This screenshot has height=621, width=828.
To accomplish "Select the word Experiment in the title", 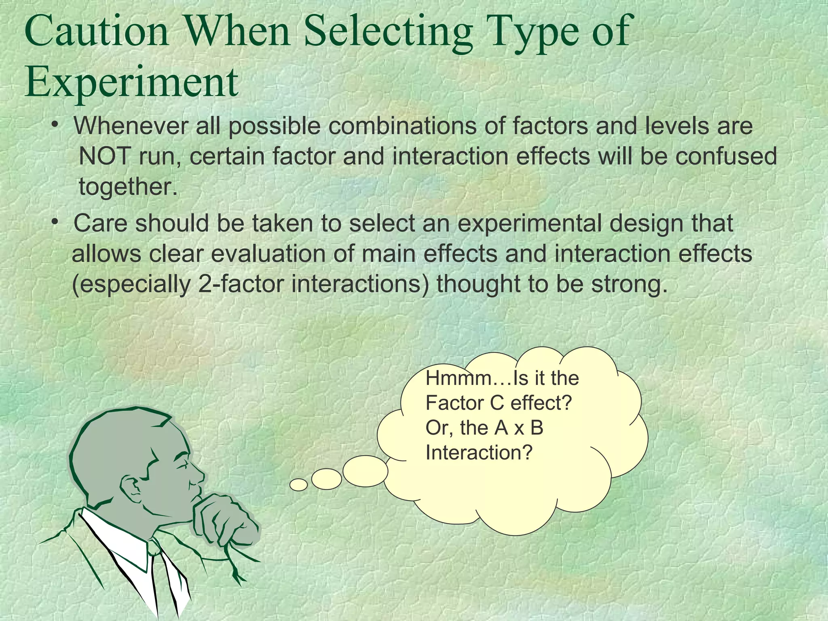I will pyautogui.click(x=131, y=82).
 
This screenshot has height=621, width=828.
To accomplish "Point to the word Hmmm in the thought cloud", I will pyautogui.click(x=457, y=378).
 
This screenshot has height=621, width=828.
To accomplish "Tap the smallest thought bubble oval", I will pyautogui.click(x=299, y=484).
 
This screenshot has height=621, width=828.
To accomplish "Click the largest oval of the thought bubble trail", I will pyautogui.click(x=365, y=471).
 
